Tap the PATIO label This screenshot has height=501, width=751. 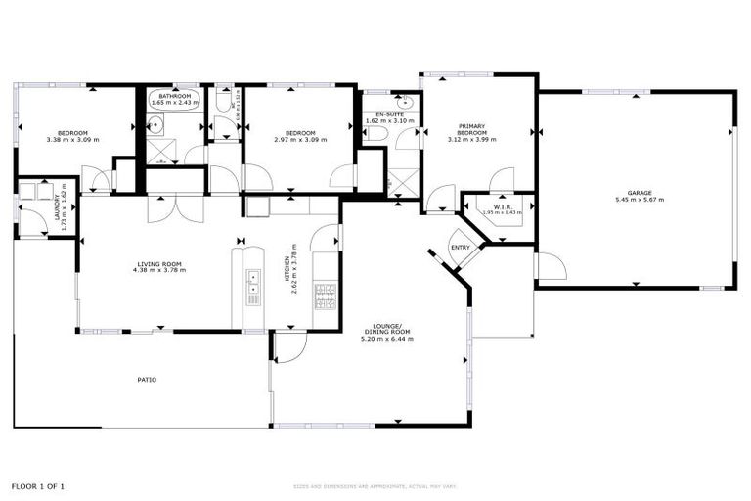pos(147,380)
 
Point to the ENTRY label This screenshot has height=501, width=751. pos(461,248)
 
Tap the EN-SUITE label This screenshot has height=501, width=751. pos(389,114)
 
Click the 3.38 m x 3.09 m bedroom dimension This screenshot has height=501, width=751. pos(72,140)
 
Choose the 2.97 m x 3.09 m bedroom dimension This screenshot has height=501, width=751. pos(299,140)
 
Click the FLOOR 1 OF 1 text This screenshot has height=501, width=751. pos(39,485)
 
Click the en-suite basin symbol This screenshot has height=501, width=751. pos(406,101)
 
